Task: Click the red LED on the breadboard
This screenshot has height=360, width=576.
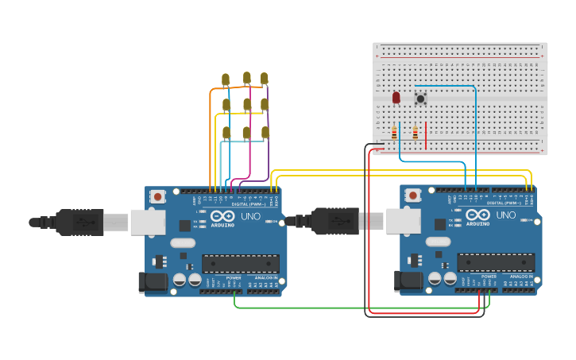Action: [396, 98]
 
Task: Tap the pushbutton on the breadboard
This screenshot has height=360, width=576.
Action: [420, 99]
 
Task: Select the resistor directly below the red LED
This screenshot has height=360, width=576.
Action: [395, 134]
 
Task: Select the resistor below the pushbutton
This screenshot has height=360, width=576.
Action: [415, 134]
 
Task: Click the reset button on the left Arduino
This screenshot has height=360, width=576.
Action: [158, 196]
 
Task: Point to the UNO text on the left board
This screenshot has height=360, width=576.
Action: [250, 215]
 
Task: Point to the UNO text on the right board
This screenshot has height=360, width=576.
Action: [505, 215]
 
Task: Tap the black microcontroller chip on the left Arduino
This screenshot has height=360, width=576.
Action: [240, 263]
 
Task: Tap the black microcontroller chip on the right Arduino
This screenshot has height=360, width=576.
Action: [495, 263]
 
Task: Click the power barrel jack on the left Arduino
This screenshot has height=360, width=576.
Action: [153, 281]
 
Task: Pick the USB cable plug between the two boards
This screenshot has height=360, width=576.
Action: [334, 221]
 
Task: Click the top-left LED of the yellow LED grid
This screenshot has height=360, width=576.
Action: [226, 79]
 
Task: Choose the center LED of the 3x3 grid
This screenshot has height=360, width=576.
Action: [247, 104]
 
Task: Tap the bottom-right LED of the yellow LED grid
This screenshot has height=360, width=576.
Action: [265, 132]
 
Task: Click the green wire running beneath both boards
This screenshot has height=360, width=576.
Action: [358, 308]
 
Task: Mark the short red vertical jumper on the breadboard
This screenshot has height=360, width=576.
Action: [427, 134]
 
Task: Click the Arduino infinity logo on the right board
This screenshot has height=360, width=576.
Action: [478, 215]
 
